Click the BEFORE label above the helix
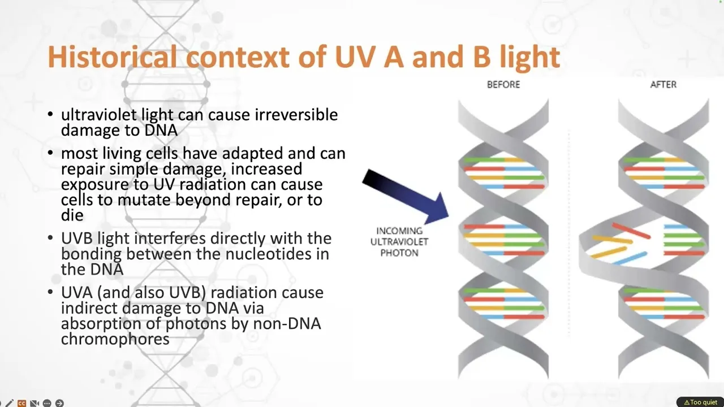503,85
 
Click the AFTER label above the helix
663,85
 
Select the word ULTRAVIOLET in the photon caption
399,241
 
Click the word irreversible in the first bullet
296,115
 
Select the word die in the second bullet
72,215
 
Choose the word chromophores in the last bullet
115,339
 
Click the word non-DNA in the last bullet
287,324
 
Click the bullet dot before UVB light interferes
50,238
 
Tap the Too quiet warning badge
700,402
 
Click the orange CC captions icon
21,403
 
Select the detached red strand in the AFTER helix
631,231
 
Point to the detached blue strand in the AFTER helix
630,258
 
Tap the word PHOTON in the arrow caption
399,253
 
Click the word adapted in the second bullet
252,154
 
